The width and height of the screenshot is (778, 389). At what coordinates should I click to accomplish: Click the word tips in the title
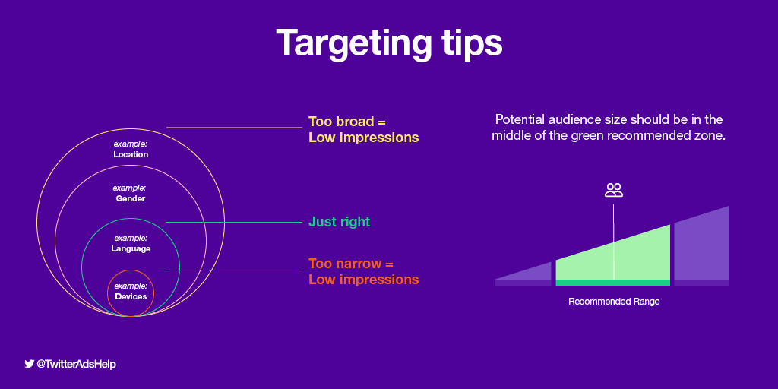pyautogui.click(x=471, y=43)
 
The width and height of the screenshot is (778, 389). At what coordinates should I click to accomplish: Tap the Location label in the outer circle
pyautogui.click(x=131, y=154)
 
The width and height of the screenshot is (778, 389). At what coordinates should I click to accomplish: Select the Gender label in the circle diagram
pyautogui.click(x=130, y=198)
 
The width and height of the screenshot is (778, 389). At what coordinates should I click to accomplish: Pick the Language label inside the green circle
pyautogui.click(x=131, y=248)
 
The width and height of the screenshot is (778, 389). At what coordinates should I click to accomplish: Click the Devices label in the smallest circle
pyautogui.click(x=131, y=296)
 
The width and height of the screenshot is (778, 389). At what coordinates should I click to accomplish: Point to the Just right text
pyautogui.click(x=340, y=222)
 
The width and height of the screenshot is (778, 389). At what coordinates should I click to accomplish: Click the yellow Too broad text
pyautogui.click(x=346, y=122)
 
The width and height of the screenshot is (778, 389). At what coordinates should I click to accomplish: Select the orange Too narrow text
pyautogui.click(x=351, y=264)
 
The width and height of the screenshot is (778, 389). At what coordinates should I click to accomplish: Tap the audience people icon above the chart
pyautogui.click(x=614, y=190)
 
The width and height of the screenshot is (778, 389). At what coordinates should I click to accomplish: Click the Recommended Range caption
pyautogui.click(x=614, y=301)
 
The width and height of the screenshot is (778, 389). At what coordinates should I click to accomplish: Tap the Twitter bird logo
pyautogui.click(x=30, y=364)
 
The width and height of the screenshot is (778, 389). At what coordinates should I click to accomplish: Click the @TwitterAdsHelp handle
pyautogui.click(x=77, y=364)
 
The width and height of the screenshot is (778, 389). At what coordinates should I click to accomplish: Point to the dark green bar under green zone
pyautogui.click(x=613, y=283)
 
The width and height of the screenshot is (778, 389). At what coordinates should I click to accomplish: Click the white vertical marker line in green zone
pyautogui.click(x=614, y=242)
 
